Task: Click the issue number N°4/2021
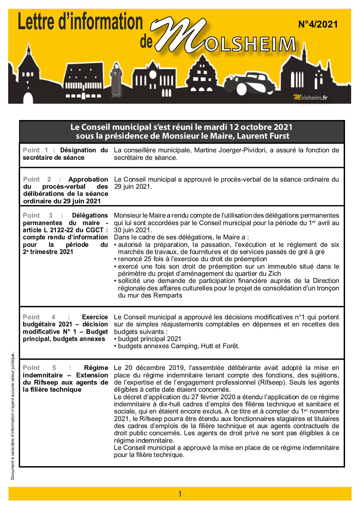coord(318,24)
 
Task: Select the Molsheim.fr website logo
coord(310,98)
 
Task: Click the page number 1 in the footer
coord(180,494)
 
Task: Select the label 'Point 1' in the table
coord(36,150)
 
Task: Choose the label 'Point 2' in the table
coord(37,180)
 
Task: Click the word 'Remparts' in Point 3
coord(168,295)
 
